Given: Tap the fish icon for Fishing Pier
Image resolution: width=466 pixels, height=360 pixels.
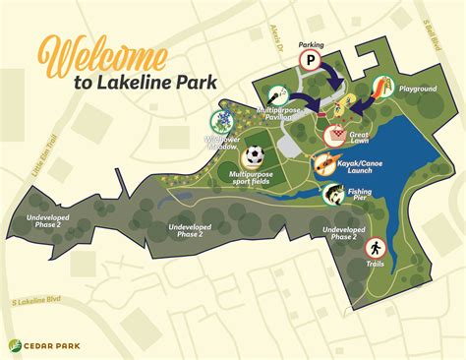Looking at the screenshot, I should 332,194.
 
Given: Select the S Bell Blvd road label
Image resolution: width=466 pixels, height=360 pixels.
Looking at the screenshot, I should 455,36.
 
